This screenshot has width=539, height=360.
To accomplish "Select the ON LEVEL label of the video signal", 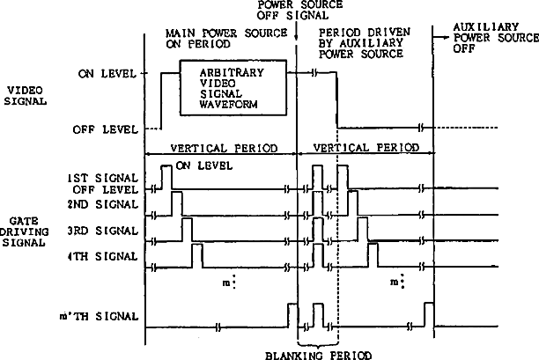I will (113, 74).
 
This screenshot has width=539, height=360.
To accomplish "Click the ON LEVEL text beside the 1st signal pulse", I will (205, 165).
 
